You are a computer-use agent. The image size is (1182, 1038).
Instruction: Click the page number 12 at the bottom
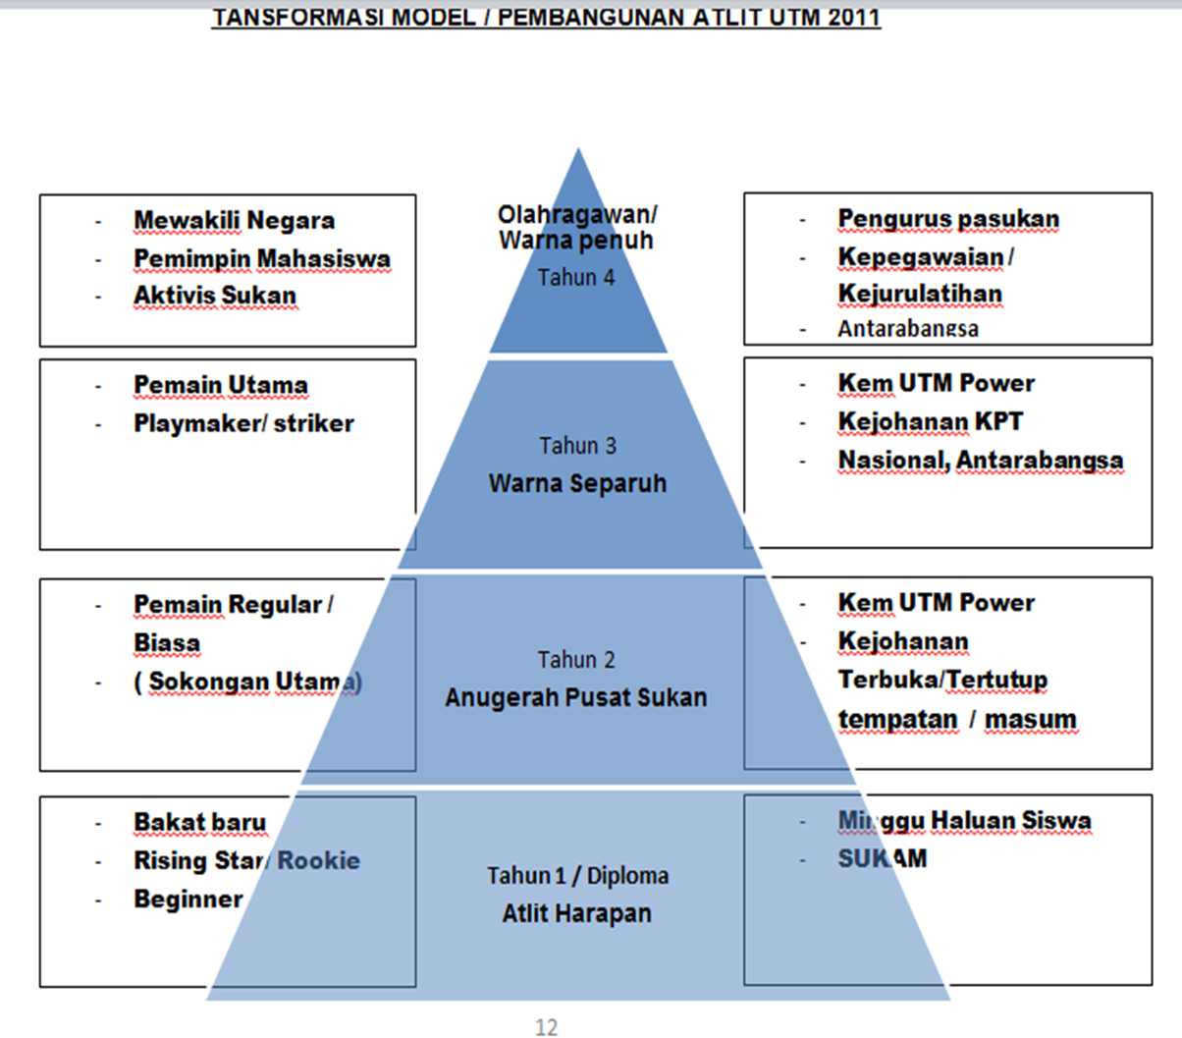coord(547,1027)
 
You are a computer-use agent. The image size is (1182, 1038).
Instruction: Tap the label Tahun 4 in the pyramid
coord(576,278)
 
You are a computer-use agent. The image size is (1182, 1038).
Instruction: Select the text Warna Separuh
coord(577,483)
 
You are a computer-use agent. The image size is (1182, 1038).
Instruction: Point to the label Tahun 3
coord(577,446)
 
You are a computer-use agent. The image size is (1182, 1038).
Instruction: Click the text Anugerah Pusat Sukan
coord(575,698)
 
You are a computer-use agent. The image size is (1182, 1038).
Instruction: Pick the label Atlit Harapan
coord(576,913)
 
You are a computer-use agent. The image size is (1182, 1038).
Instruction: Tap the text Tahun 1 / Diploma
coord(577,876)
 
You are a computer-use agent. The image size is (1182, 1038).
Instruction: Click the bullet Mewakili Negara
coord(234,221)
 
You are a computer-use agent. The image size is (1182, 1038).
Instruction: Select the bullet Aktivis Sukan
coord(214,296)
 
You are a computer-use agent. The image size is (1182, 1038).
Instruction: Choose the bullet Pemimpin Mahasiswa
coord(262,259)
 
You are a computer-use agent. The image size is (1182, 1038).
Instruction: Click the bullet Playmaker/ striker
coord(243,424)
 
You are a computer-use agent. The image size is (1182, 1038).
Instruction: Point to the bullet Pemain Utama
coord(221,386)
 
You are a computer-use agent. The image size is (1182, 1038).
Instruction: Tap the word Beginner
coord(188,900)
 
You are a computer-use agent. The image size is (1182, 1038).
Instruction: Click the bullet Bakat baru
coord(199,823)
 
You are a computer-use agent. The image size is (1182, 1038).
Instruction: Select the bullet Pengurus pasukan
coord(948,219)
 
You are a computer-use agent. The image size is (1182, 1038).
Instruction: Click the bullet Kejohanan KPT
coord(930,422)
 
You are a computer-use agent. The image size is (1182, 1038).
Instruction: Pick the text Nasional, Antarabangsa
coord(980,461)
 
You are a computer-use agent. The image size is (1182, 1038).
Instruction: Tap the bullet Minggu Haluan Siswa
coord(964,821)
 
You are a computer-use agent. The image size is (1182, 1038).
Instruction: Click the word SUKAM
coord(882,859)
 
